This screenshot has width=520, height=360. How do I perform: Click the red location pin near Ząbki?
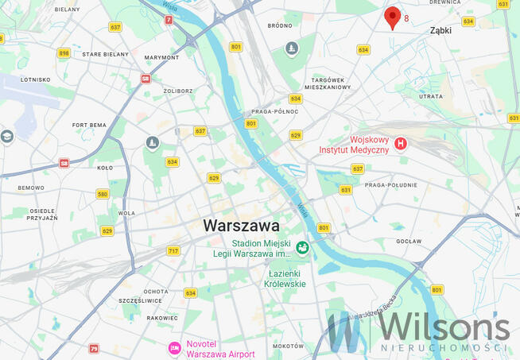click(392, 17)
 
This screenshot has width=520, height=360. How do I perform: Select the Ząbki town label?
click(440, 30)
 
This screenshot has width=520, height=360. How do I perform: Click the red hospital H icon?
click(401, 144)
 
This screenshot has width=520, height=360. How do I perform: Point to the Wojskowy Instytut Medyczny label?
click(354, 145)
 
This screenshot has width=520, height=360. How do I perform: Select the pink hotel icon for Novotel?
click(173, 348)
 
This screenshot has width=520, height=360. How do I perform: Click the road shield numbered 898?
click(64, 53)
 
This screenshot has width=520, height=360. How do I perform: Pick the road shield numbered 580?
click(102, 194)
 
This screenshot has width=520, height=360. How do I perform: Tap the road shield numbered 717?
click(173, 251)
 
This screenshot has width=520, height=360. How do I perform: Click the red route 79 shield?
click(94, 349)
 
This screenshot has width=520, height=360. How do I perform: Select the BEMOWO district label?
click(31, 188)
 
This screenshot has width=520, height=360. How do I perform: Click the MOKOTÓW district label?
click(288, 346)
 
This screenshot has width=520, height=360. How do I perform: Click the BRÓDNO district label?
click(280, 25)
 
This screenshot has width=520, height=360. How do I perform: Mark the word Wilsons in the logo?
click(443, 327)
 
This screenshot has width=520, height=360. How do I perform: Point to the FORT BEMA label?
click(89, 125)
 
